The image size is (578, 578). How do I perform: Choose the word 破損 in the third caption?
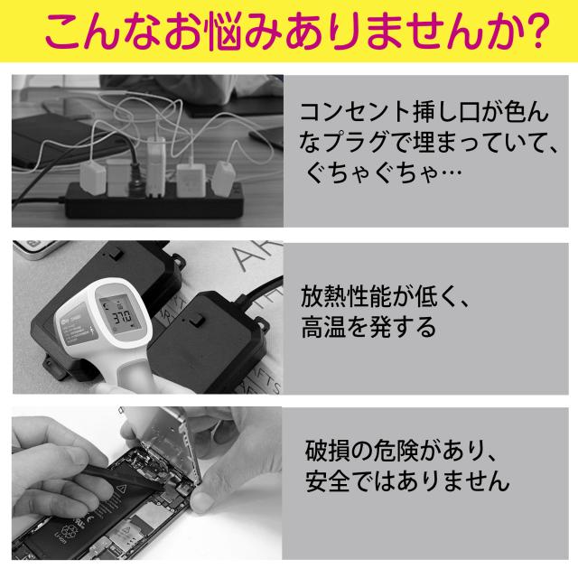322,449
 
